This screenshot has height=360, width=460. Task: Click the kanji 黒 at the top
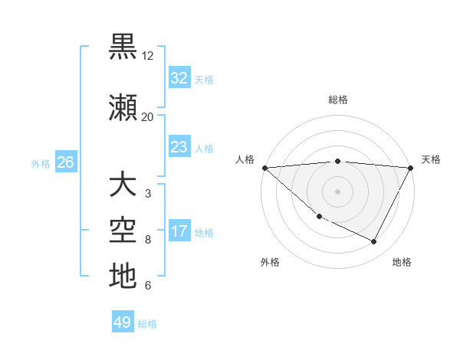pyautogui.click(x=123, y=47)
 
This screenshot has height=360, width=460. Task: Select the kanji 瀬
pyautogui.click(x=123, y=108)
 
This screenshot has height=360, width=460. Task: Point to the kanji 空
pyautogui.click(x=123, y=231)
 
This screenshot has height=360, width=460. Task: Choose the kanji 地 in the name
pyautogui.click(x=123, y=276)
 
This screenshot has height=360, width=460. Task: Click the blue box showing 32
pyautogui.click(x=179, y=78)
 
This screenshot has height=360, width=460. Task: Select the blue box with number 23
pyautogui.click(x=179, y=147)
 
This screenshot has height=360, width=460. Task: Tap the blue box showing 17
pyautogui.click(x=179, y=231)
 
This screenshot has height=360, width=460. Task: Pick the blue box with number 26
pyautogui.click(x=65, y=162)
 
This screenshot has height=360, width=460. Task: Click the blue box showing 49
pyautogui.click(x=123, y=322)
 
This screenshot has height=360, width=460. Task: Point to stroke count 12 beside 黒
pyautogui.click(x=148, y=56)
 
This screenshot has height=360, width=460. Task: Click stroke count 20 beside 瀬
pyautogui.click(x=148, y=116)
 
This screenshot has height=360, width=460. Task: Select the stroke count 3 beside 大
pyautogui.click(x=147, y=193)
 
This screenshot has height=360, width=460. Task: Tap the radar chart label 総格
pyautogui.click(x=337, y=100)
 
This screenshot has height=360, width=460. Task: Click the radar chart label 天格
pyautogui.click(x=431, y=159)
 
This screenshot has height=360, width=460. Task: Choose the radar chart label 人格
pyautogui.click(x=245, y=159)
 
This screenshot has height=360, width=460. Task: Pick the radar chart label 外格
pyautogui.click(x=270, y=262)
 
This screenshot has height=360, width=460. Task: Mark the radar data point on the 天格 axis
pyautogui.click(x=411, y=168)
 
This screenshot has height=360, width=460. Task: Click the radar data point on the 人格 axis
pyautogui.click(x=264, y=168)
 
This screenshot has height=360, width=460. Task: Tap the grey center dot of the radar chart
pyautogui.click(x=337, y=191)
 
